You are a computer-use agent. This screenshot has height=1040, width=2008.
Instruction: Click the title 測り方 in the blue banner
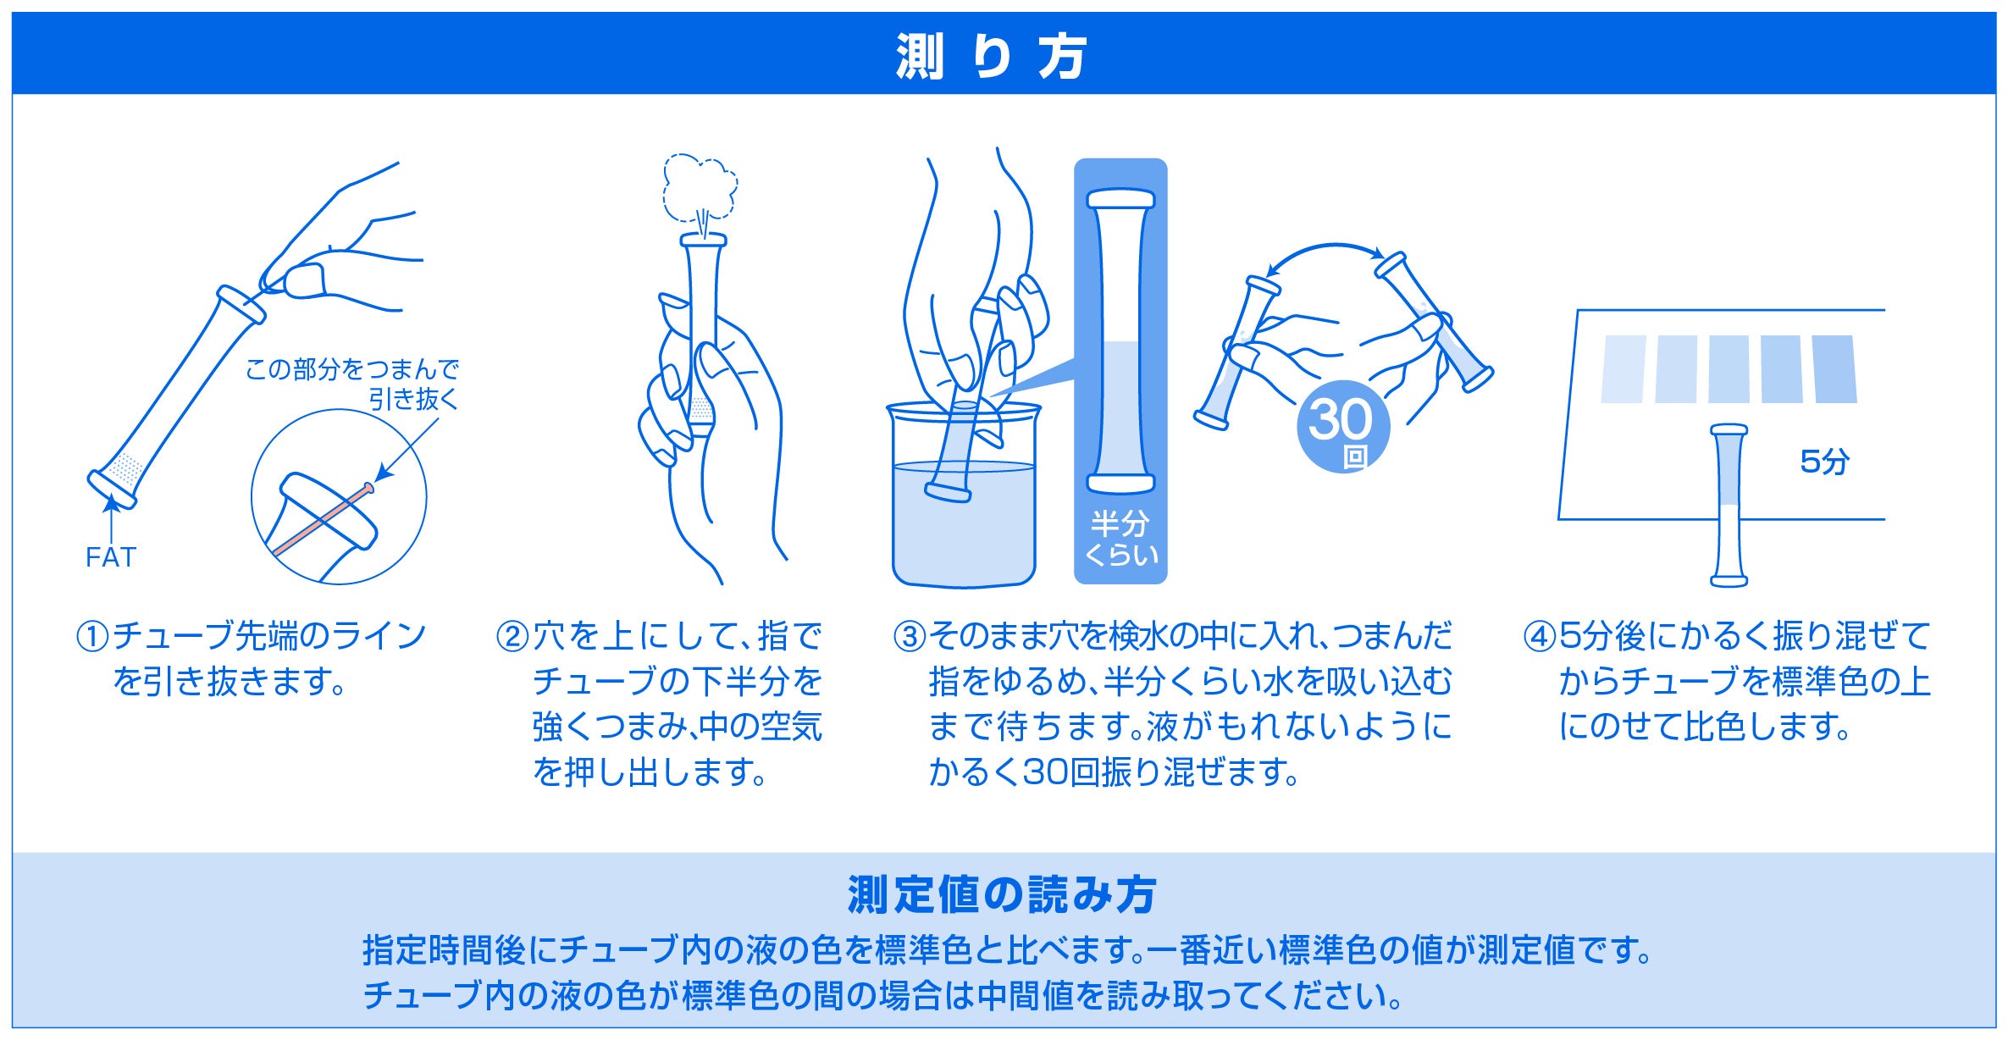coord(990,57)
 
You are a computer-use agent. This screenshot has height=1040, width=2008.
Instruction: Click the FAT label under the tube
coord(111,557)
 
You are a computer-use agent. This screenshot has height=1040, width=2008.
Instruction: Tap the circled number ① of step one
coord(92,637)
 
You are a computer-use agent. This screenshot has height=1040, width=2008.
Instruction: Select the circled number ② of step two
coord(512,637)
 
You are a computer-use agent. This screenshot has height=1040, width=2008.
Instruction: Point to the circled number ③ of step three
coord(910,637)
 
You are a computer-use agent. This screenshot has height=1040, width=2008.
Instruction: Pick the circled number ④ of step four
coord(1540,637)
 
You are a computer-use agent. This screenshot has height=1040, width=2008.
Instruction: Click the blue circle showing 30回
coord(1343,426)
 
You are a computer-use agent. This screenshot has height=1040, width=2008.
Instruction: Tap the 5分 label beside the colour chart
coord(1824,462)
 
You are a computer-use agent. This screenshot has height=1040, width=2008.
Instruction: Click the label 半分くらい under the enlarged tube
coord(1120,539)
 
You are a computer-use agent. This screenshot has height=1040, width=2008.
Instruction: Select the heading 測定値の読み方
coord(1002,895)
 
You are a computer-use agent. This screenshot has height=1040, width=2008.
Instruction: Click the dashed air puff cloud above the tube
coord(700,188)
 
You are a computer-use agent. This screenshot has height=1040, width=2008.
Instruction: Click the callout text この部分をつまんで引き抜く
coord(351,384)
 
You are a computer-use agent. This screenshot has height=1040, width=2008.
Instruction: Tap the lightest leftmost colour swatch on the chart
coord(1624,368)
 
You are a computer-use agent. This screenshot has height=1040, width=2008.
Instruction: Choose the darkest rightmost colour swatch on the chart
coord(1834,368)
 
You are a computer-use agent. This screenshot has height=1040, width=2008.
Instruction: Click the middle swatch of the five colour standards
coord(1729,368)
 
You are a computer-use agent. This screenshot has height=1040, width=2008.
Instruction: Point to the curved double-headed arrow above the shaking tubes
coord(1325,252)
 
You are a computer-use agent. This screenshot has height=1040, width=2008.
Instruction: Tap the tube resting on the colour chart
coord(1729,506)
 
